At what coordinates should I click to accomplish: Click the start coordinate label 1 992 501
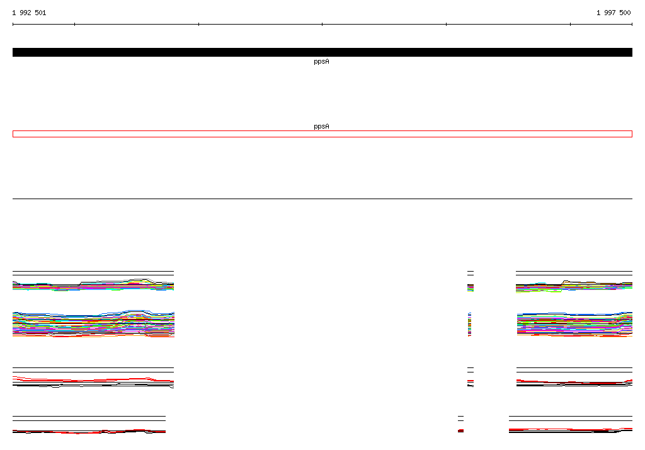point(29,13)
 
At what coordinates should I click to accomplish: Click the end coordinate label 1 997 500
point(614,13)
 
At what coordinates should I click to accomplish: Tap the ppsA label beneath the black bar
point(321,62)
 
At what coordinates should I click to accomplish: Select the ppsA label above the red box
point(321,127)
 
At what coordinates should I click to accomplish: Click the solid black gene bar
point(322,52)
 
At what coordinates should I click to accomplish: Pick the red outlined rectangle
point(322,131)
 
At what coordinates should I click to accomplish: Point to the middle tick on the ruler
point(322,25)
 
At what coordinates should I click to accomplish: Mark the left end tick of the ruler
point(13,25)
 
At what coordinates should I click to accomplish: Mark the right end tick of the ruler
point(632,25)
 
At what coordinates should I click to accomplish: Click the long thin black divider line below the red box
point(322,199)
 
